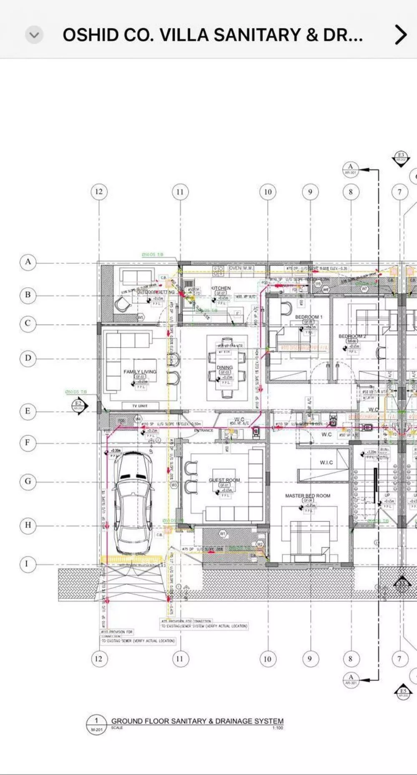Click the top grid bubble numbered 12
[99, 192]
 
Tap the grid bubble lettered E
[28, 411]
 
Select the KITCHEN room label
[221, 288]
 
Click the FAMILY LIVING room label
[140, 371]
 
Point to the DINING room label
[225, 367]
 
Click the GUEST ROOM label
[224, 480]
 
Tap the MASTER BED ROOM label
[308, 496]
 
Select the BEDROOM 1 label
[309, 317]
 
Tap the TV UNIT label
[140, 406]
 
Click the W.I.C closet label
[327, 462]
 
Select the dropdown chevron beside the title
[34, 35]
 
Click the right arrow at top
[400, 35]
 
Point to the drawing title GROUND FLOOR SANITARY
[197, 721]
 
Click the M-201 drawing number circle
[96, 725]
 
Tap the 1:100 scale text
[277, 728]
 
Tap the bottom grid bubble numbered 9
[309, 659]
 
